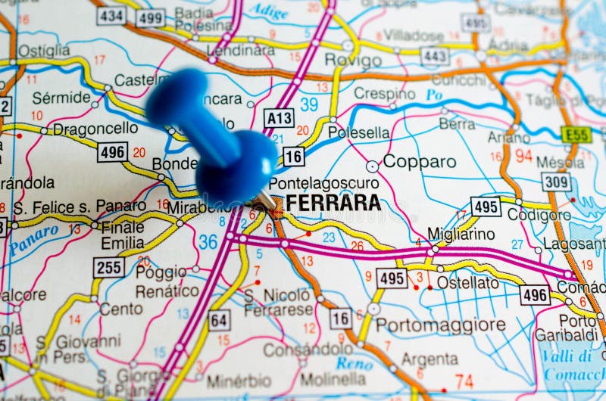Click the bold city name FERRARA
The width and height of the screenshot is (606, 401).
333,203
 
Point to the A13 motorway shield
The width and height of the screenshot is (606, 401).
279,118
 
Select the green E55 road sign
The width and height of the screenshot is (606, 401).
576,135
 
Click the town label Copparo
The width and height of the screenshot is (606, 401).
419,162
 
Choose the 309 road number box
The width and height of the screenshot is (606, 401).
556,182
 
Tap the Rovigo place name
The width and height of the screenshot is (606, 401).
353,61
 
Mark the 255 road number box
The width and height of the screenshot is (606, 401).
109,266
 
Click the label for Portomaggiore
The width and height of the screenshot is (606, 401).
440,325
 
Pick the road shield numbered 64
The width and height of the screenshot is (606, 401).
218,320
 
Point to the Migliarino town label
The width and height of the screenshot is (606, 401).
461,234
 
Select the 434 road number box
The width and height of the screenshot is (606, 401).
111,16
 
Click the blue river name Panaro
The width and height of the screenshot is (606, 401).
35,240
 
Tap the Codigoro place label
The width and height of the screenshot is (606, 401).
539,216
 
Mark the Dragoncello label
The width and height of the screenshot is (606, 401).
95,129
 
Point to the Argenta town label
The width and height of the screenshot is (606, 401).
430,359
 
